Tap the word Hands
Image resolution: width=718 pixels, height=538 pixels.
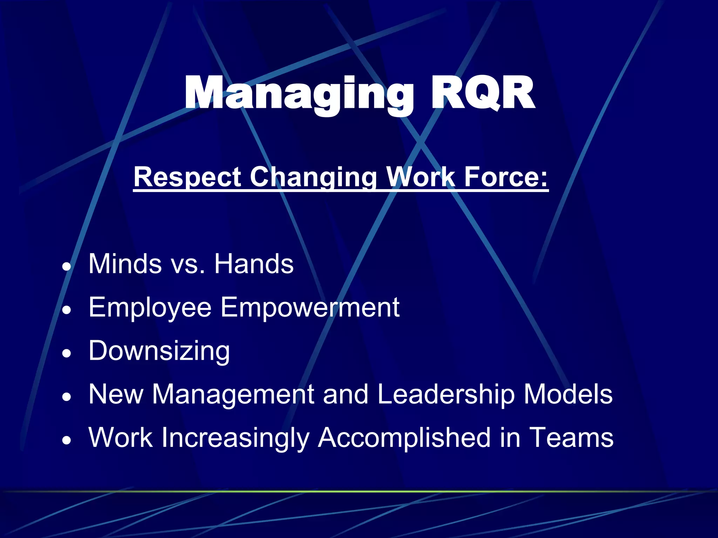(x=254, y=264)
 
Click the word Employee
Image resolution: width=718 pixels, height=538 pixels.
(x=150, y=308)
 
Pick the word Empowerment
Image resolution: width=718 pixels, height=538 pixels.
(x=310, y=308)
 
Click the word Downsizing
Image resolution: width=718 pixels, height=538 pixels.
(x=159, y=351)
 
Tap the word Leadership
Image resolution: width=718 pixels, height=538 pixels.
(x=446, y=394)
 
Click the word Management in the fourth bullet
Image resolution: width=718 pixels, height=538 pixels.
(x=233, y=394)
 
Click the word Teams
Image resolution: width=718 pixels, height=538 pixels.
(x=571, y=438)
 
